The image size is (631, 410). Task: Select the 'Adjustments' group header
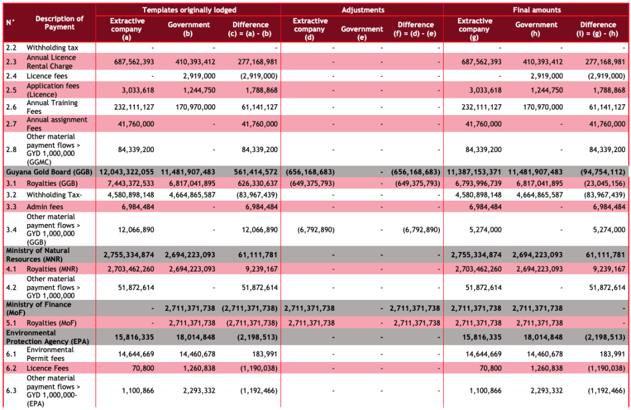(363, 10)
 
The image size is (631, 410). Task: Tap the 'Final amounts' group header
(537, 10)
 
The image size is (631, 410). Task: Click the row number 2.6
(11, 107)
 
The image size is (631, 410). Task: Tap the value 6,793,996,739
(476, 184)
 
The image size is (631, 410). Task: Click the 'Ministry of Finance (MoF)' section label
(38, 308)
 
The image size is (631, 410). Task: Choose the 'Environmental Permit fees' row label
(50, 353)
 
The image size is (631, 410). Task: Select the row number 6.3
(11, 390)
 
